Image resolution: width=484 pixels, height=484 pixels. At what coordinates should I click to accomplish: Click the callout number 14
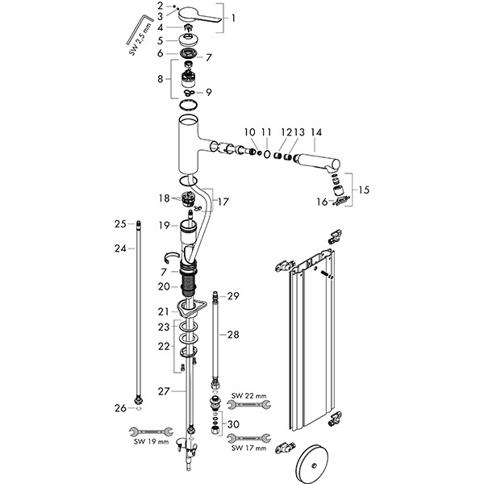coord(316,131)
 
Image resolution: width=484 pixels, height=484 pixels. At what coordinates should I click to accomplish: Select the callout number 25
coord(119,223)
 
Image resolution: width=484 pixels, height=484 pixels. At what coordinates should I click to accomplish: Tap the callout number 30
coord(234,424)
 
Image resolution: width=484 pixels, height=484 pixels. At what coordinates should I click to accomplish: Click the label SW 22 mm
coord(248,395)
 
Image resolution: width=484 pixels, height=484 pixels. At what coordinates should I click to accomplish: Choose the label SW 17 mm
coord(247,448)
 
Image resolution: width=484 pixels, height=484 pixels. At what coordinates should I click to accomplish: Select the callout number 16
coord(321,203)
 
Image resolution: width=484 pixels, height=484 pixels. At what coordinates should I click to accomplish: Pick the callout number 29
coord(234,297)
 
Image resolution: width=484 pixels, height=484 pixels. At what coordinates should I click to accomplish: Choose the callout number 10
coord(249,131)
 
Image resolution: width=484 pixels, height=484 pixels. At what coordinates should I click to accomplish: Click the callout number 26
coord(119,408)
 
